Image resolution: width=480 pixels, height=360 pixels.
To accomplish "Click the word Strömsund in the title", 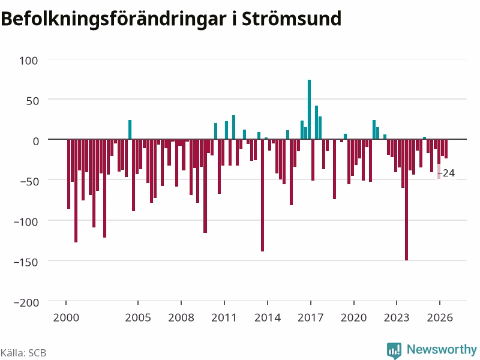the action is [x=292, y=19].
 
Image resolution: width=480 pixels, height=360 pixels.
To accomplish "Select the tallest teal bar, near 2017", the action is [x=309, y=109].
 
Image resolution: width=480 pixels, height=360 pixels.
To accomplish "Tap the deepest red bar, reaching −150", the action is [x=407, y=200].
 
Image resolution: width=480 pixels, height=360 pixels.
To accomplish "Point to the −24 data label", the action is [x=446, y=173].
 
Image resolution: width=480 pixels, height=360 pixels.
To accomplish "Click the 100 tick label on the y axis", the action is [x=28, y=61].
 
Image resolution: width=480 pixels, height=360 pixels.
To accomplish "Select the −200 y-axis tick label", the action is [x=26, y=302].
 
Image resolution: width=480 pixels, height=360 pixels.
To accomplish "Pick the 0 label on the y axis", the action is [x=36, y=141].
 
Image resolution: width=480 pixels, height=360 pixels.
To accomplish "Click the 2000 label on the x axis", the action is [x=66, y=317].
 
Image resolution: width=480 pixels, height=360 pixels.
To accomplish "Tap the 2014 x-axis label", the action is [x=268, y=317].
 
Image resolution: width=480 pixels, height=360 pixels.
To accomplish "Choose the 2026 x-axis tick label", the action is [x=440, y=317].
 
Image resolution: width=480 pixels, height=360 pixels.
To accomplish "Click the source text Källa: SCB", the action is [x=23, y=353].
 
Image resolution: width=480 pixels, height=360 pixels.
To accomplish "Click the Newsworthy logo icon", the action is [x=394, y=350].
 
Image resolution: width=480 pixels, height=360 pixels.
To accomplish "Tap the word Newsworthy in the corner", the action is [x=442, y=349].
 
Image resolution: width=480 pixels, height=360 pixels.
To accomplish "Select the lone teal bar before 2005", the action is [x=130, y=130].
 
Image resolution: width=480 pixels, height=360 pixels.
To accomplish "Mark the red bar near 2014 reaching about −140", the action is [x=262, y=196].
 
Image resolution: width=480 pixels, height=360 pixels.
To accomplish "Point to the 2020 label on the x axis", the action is [x=353, y=317].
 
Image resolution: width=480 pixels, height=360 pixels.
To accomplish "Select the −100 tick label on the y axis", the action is [x=26, y=221].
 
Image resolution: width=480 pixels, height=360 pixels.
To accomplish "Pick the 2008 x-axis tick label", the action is [x=181, y=317].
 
